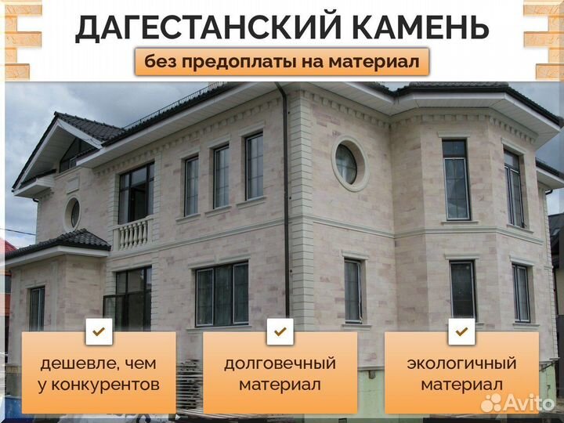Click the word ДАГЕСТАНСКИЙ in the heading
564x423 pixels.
coord(208,27)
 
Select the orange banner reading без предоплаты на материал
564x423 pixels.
coord(282,62)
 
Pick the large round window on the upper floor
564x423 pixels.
coord(350,164)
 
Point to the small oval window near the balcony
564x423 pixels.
coord(72,214)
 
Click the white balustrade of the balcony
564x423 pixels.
coord(132,233)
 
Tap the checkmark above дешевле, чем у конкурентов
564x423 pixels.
coord(99,331)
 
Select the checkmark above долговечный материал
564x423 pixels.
coord(280,331)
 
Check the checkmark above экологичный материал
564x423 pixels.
coord(461,331)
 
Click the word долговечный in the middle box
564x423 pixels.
coord(280,363)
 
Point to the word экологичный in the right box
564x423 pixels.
coord(461,363)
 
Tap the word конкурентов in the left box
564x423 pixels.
coord(106,385)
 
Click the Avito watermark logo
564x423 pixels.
coord(518,402)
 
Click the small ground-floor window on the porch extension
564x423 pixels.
coord(37,309)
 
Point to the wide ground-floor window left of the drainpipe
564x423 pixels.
coord(222,295)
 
